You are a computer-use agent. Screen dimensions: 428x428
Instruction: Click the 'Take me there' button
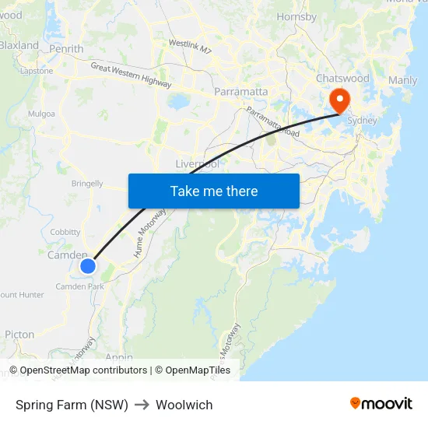(213, 191)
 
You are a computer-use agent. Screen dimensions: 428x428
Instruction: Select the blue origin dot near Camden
(88, 266)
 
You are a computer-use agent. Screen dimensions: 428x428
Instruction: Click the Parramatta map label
(241, 92)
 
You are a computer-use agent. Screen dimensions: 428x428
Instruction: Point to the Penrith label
(66, 49)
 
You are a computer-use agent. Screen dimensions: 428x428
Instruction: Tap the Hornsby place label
(296, 16)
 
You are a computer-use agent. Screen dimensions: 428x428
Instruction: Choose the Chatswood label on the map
(342, 79)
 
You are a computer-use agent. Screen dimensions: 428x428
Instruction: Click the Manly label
(402, 80)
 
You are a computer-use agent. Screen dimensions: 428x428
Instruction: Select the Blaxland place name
(19, 45)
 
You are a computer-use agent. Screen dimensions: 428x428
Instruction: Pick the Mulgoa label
(41, 114)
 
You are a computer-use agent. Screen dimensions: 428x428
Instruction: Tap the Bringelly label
(87, 184)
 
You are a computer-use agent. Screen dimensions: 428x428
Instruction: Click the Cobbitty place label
(65, 232)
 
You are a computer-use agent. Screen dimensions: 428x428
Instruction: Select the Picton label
(19, 335)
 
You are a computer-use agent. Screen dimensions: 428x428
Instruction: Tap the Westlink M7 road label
(190, 47)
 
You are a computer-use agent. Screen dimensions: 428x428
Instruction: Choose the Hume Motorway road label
(150, 233)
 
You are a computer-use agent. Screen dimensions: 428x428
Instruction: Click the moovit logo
(381, 403)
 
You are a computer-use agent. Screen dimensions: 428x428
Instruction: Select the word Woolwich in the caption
(184, 405)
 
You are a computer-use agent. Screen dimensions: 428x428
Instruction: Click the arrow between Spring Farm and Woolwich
(142, 405)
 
